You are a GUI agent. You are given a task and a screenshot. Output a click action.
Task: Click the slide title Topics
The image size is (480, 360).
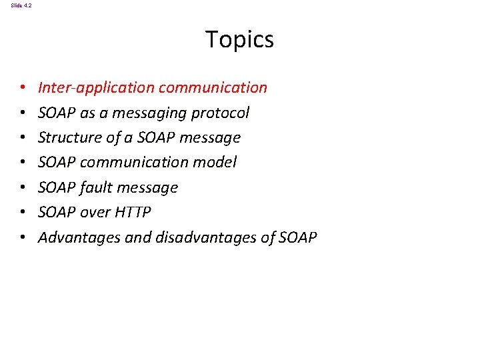click(x=239, y=40)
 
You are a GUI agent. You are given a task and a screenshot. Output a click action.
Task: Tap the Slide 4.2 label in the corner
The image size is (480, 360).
click(x=21, y=5)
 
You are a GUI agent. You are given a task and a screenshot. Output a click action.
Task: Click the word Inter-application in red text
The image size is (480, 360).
click(x=87, y=88)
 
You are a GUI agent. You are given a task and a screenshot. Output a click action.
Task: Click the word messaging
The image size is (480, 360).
click(x=156, y=113)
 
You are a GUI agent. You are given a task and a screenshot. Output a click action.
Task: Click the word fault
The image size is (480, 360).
click(x=97, y=187)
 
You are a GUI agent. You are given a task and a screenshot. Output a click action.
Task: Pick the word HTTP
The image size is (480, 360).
click(x=133, y=213)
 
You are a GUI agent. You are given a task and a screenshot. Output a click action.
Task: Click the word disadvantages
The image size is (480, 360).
click(x=187, y=237)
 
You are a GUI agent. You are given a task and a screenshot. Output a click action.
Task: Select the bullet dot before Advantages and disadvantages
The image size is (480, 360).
click(x=23, y=238)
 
